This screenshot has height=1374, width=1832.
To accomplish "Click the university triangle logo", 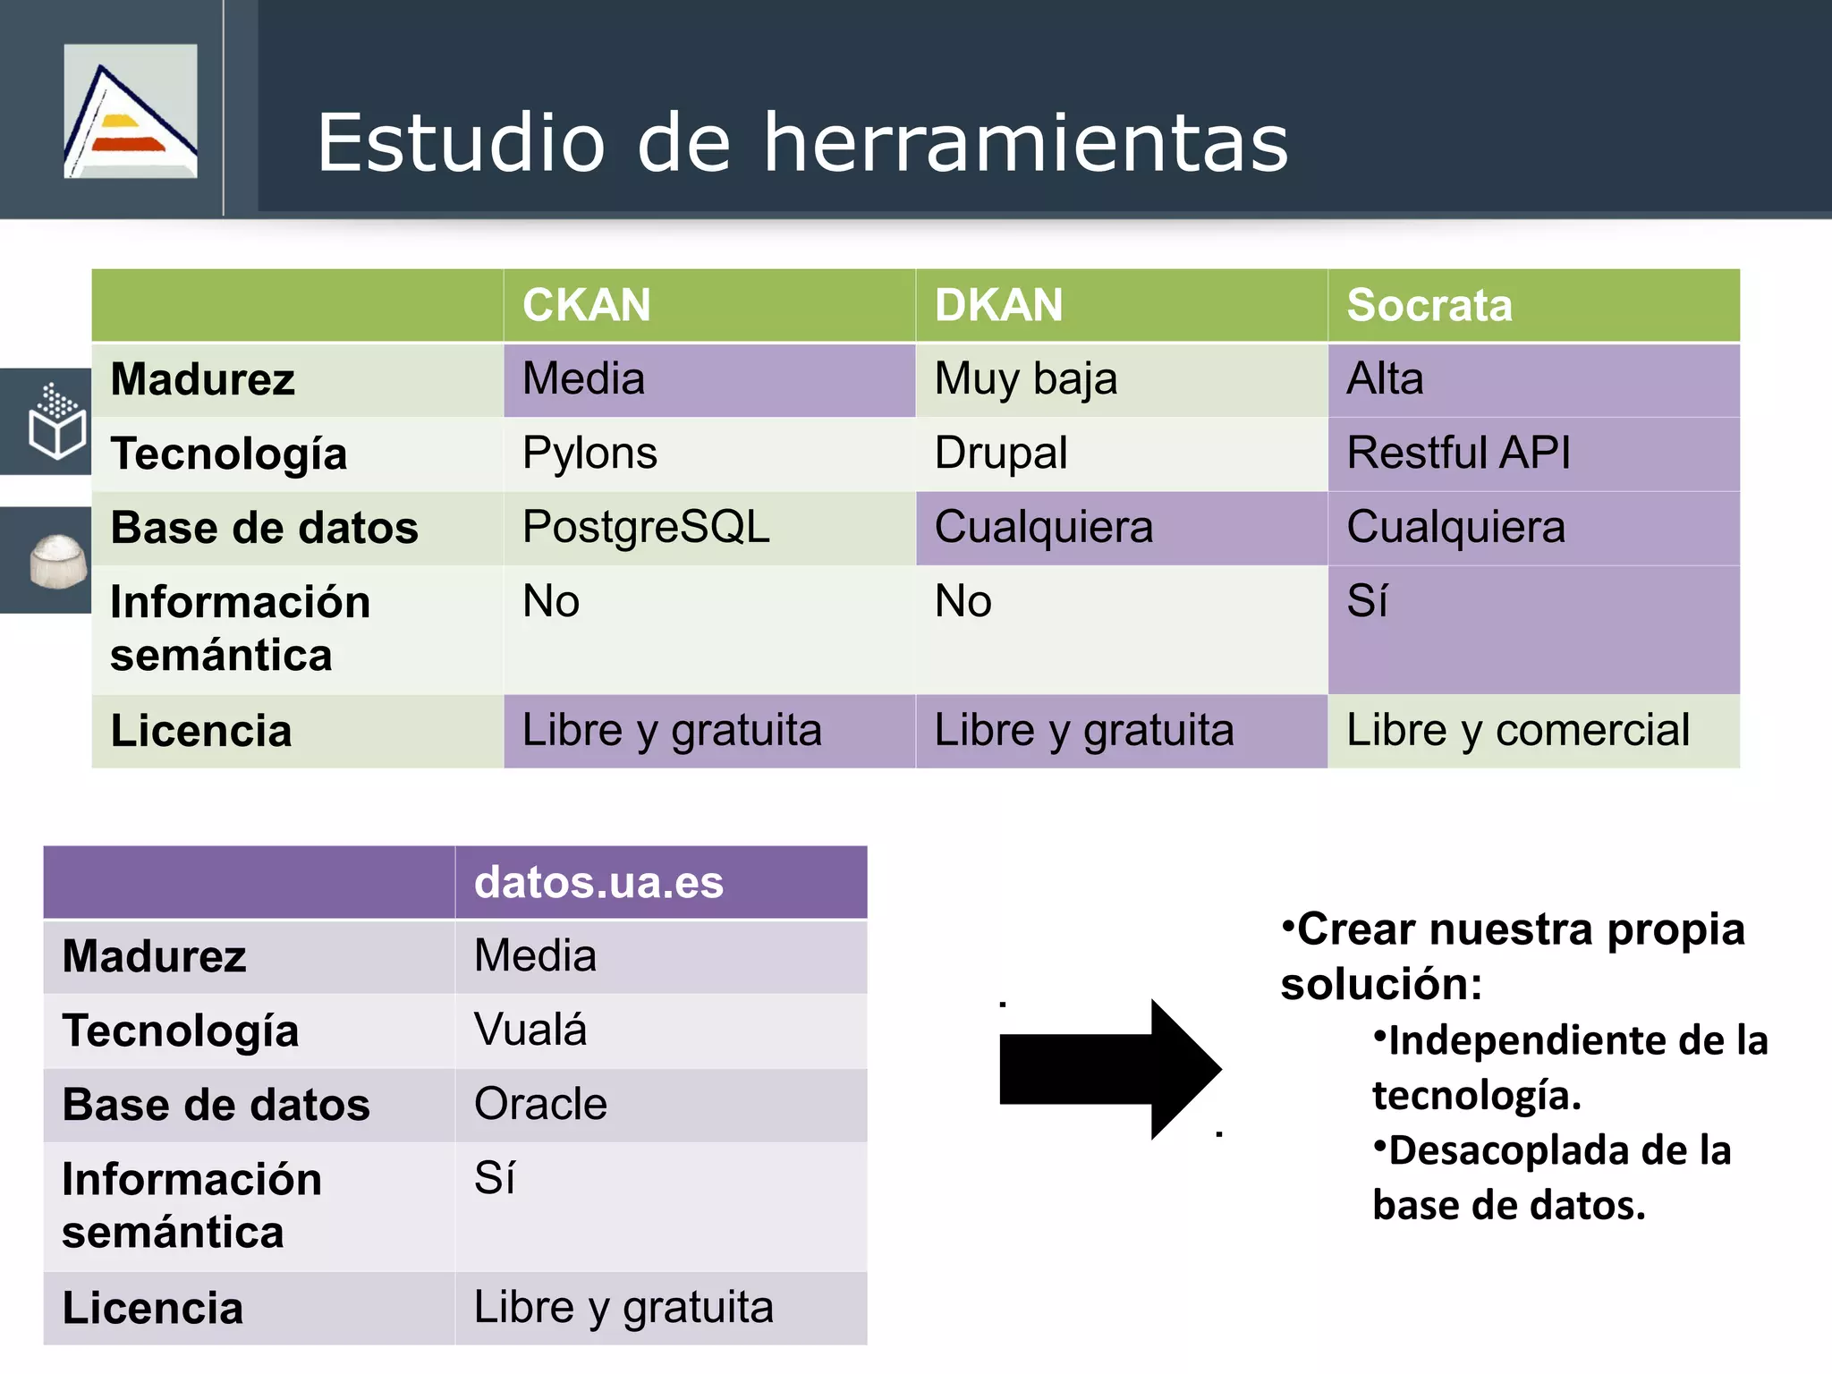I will (131, 112).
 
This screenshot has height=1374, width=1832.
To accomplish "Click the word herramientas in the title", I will (1025, 143).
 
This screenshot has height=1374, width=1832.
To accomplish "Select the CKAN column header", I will (587, 305).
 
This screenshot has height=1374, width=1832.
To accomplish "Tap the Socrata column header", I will (1429, 305).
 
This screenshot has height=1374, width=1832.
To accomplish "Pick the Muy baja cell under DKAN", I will (1026, 379).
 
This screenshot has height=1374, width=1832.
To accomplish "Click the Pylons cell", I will (589, 453).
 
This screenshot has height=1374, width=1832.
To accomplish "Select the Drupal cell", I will (1001, 453).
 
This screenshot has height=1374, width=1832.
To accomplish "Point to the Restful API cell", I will (1458, 453).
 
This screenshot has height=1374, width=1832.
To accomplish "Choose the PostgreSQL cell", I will (646, 527).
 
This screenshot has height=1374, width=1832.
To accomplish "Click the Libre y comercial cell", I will (1518, 730).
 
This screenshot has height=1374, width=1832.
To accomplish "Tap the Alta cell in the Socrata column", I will (1385, 379).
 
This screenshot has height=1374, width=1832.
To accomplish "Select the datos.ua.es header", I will (598, 883).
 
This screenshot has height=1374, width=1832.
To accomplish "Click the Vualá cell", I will (530, 1030).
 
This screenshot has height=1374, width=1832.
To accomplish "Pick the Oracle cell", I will (540, 1104).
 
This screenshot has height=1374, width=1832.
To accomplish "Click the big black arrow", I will (1109, 1069).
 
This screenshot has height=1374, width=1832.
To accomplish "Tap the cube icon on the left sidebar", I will (56, 421).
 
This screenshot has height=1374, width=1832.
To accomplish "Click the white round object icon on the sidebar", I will (58, 561).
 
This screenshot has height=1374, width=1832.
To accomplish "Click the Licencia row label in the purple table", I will (153, 1308).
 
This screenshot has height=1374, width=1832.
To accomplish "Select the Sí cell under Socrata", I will (1367, 601).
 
